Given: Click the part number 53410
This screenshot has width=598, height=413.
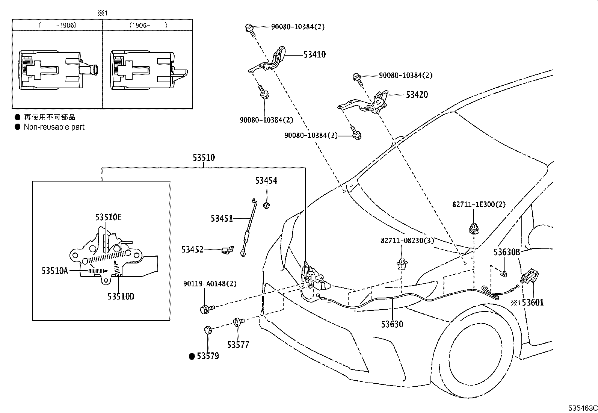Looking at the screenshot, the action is [x=314, y=54].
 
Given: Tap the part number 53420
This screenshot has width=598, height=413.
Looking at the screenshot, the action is [x=417, y=95].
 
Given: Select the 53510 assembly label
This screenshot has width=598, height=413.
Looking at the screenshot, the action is [x=204, y=157].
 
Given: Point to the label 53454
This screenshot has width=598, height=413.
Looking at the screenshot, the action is [x=266, y=181].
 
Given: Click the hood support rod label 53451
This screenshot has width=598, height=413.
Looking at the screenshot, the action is [x=222, y=218].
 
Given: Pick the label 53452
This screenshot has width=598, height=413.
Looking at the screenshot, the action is [x=192, y=250].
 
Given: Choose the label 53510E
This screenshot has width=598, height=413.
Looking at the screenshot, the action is [x=109, y=217].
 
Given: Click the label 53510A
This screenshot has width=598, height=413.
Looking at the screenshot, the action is [x=55, y=271].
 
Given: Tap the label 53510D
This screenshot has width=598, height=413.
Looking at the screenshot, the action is [x=121, y=296].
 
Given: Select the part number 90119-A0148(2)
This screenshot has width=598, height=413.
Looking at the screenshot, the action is [x=210, y=283].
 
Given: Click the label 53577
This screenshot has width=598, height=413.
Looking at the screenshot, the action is [x=238, y=345].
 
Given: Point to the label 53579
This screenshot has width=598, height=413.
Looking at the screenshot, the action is [x=208, y=356].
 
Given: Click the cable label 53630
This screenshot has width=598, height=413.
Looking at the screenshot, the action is [x=392, y=324].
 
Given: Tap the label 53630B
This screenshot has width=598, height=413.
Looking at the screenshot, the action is [x=507, y=252].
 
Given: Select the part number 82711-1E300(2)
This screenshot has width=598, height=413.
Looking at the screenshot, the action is [x=479, y=204].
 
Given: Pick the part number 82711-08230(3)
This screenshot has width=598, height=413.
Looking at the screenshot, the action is [x=408, y=241].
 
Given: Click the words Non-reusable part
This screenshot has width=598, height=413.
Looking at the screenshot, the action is [x=54, y=127].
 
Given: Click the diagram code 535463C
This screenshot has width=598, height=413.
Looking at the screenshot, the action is [x=583, y=408].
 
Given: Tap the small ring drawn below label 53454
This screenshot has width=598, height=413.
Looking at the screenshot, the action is [x=266, y=206].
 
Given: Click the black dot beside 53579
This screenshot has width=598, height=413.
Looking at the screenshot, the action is [x=192, y=356].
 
